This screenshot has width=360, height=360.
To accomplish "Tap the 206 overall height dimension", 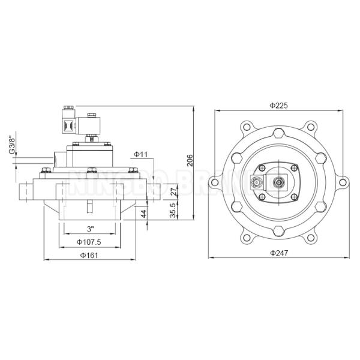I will click(x=190, y=160).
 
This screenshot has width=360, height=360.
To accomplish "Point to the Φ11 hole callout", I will click(x=140, y=155).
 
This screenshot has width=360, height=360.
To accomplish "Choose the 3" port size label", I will click(x=90, y=229).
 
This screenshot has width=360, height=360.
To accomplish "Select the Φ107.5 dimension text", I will click(x=89, y=242).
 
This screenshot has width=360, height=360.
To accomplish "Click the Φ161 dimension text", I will click(x=89, y=256).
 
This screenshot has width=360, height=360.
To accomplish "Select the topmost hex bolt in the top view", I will click(x=279, y=134).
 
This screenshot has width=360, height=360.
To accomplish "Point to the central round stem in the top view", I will click(x=279, y=181).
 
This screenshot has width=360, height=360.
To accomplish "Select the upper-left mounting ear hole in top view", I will click(x=247, y=127).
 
